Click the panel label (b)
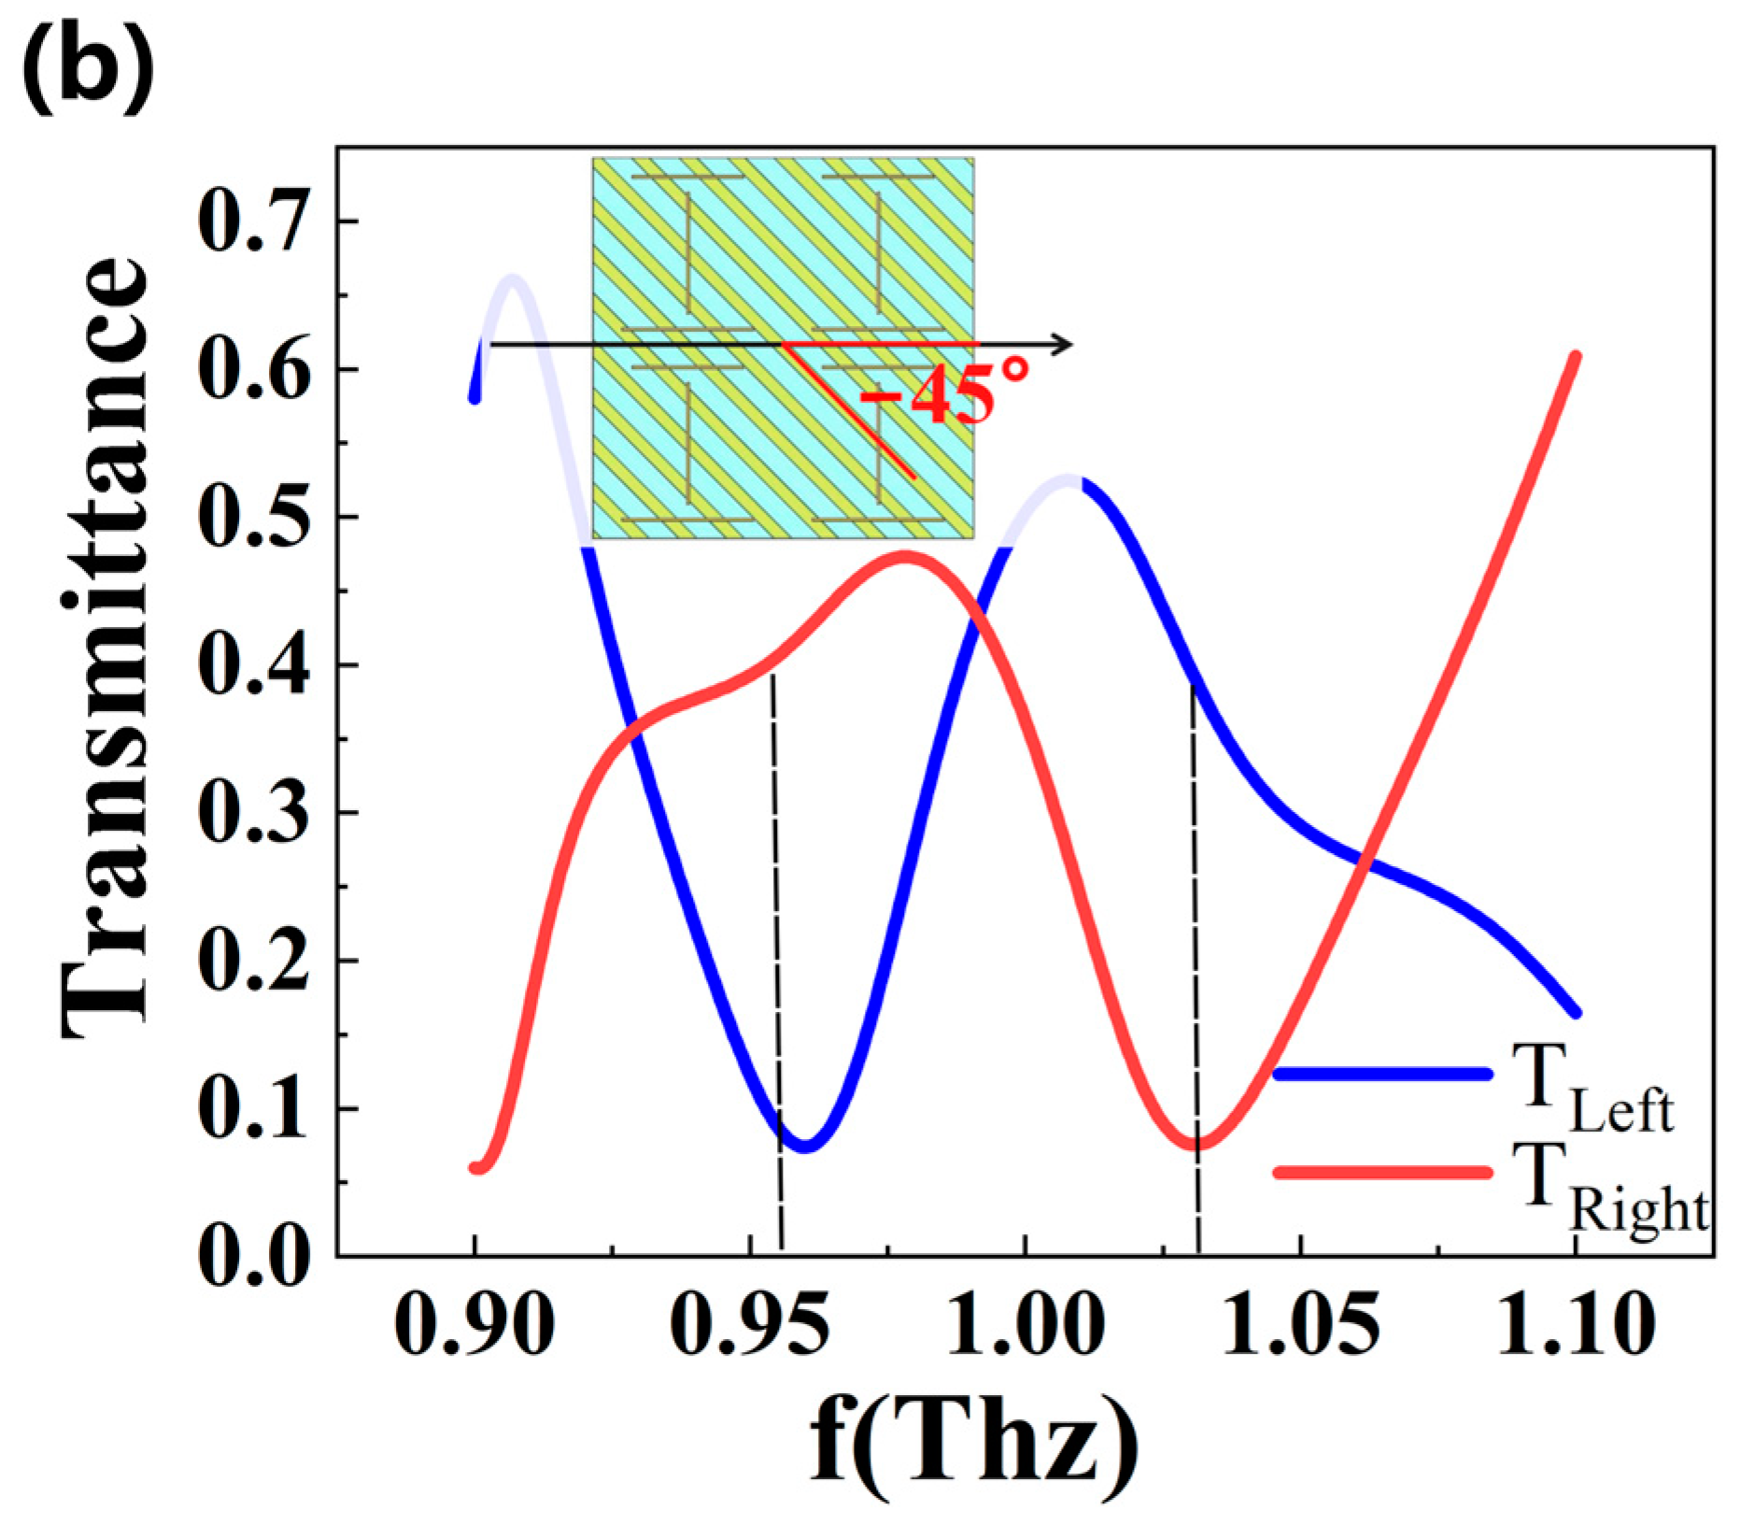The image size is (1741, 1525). coord(87,67)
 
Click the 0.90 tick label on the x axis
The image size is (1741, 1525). coord(474,1325)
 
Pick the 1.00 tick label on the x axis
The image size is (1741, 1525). coord(1026,1325)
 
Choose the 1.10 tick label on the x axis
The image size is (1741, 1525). coord(1577,1325)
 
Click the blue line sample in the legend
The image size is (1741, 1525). coord(1382,1074)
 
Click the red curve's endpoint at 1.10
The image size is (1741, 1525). coord(1575,357)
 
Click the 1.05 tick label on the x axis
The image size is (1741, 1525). coord(1300,1325)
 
